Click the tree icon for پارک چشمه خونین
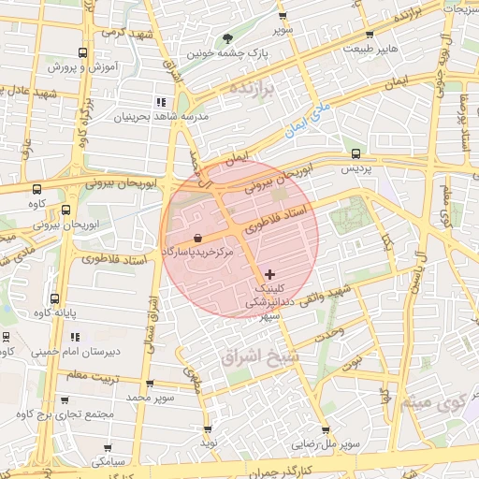pyautogui.click(x=229, y=38)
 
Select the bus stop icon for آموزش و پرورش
pyautogui.click(x=83, y=53)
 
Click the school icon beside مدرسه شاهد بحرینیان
pyautogui.click(x=161, y=101)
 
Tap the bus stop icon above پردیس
pyautogui.click(x=355, y=153)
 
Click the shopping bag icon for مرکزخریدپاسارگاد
pyautogui.click(x=197, y=238)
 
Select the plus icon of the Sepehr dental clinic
pyautogui.click(x=270, y=274)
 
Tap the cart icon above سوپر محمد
pyautogui.click(x=150, y=384)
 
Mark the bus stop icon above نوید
pyautogui.click(x=208, y=428)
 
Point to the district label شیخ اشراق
pyautogui.click(x=257, y=356)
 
